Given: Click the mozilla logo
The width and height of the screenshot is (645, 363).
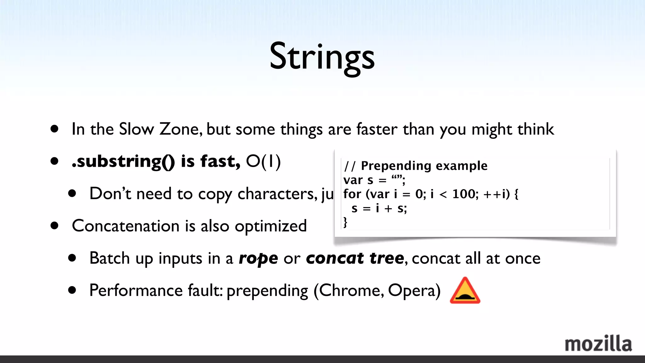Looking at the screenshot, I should pyautogui.click(x=598, y=344).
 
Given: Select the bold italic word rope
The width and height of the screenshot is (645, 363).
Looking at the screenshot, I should pyautogui.click(x=258, y=258).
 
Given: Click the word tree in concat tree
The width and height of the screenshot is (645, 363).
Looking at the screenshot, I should pyautogui.click(x=386, y=258).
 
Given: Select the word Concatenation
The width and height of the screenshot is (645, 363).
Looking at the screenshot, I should pyautogui.click(x=125, y=226).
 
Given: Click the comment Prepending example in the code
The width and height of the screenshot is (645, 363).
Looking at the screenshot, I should pyautogui.click(x=424, y=166).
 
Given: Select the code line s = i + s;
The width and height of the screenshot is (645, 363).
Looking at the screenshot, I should pyautogui.click(x=379, y=208).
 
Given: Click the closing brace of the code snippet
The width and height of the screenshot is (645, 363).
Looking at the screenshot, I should pyautogui.click(x=345, y=222).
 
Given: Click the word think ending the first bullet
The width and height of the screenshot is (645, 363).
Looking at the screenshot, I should pyautogui.click(x=535, y=129).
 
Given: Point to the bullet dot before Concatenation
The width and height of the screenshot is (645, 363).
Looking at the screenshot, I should pyautogui.click(x=54, y=226).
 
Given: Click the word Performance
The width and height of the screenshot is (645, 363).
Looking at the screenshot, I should pyautogui.click(x=136, y=290).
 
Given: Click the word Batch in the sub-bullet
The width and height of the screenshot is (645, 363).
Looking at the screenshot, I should pyautogui.click(x=109, y=258).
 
